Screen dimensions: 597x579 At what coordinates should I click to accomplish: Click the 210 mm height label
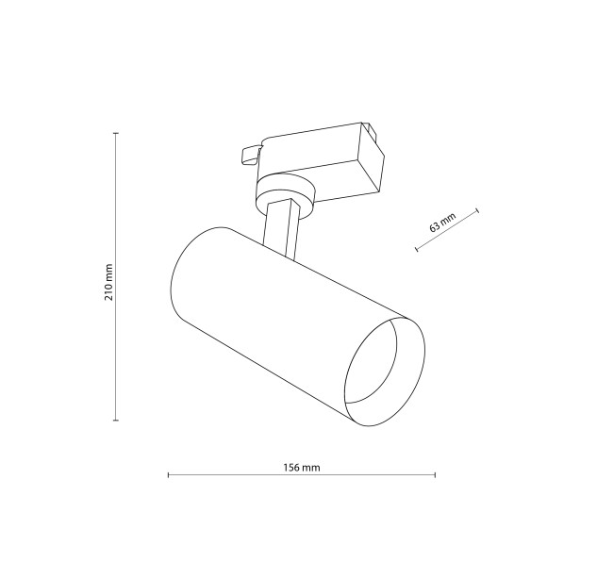click(108, 276)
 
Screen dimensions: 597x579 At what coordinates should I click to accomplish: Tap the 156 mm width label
click(302, 467)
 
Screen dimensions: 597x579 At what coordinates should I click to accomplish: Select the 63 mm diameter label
click(442, 223)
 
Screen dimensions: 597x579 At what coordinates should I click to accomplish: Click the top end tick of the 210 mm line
click(116, 133)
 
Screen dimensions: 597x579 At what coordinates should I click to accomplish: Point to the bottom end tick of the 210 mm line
click(116, 421)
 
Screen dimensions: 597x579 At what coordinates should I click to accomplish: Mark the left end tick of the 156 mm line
click(168, 474)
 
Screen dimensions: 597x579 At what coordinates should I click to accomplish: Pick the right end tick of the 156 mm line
click(435, 474)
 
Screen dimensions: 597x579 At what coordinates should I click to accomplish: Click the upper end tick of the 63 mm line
click(477, 210)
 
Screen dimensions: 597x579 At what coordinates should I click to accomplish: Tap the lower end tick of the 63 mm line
click(417, 249)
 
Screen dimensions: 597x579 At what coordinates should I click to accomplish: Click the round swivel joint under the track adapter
click(285, 195)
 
